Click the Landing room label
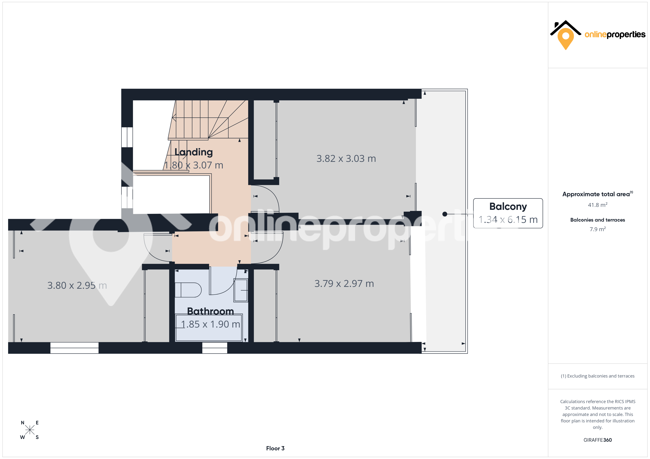(194, 152)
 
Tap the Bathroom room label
(211, 311)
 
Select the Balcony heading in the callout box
(508, 207)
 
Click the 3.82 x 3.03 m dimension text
(346, 159)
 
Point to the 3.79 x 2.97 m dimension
(344, 284)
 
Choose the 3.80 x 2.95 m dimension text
(77, 285)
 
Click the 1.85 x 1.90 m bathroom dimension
(211, 324)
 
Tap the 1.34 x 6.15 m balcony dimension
(508, 220)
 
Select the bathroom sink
(241, 290)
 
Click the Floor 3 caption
(275, 448)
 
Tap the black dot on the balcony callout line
(445, 214)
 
